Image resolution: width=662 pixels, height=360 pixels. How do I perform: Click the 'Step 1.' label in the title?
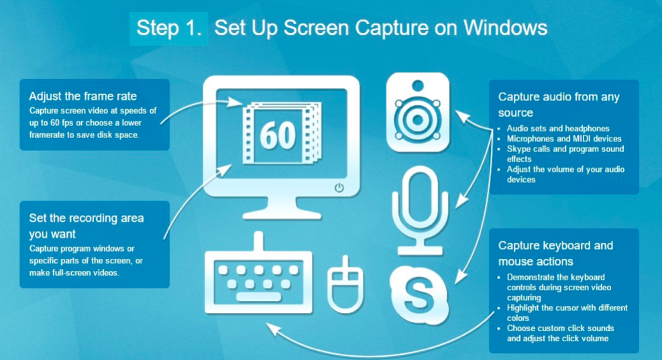click(x=169, y=28)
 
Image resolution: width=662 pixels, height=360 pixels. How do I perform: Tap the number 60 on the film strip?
click(x=278, y=135)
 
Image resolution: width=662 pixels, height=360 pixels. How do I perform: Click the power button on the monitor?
click(x=339, y=188)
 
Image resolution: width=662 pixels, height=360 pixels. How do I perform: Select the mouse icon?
click(x=345, y=285)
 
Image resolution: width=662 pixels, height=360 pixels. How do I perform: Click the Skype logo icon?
click(x=419, y=294)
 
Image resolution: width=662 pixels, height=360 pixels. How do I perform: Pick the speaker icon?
click(x=418, y=112)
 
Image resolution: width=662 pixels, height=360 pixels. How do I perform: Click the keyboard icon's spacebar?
click(x=258, y=297)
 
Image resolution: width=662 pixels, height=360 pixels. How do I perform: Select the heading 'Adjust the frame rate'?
click(x=82, y=97)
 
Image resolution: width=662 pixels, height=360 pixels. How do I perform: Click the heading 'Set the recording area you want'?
click(x=86, y=226)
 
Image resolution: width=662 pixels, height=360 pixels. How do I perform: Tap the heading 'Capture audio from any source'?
click(x=559, y=105)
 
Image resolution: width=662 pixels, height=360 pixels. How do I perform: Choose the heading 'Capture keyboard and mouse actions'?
click(x=555, y=253)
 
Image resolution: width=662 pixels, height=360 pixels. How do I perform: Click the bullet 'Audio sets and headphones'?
click(x=558, y=128)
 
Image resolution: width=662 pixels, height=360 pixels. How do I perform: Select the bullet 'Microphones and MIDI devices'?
click(x=564, y=138)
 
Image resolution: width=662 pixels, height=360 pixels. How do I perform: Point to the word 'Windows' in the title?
click(x=505, y=28)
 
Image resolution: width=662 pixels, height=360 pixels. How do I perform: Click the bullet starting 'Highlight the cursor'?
click(x=567, y=312)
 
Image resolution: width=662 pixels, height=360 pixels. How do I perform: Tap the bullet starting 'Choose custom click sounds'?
click(x=560, y=333)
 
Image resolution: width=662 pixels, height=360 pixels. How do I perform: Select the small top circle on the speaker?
click(x=418, y=86)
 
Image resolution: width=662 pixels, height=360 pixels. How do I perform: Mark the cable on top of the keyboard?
click(x=258, y=241)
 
